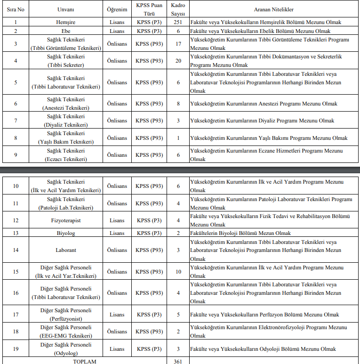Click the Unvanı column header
65,9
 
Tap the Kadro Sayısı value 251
178,22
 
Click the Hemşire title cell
65,22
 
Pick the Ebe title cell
65,31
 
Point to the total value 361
178,361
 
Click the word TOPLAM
84,361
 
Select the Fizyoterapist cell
65,220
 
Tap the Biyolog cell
65,233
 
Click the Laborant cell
65,250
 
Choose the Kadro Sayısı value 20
178,61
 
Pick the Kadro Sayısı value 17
178,44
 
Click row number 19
16,349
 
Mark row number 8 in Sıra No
16,138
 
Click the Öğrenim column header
117,9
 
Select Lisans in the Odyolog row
117,349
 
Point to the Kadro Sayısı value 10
178,272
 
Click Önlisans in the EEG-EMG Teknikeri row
117,332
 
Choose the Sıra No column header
16,9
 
